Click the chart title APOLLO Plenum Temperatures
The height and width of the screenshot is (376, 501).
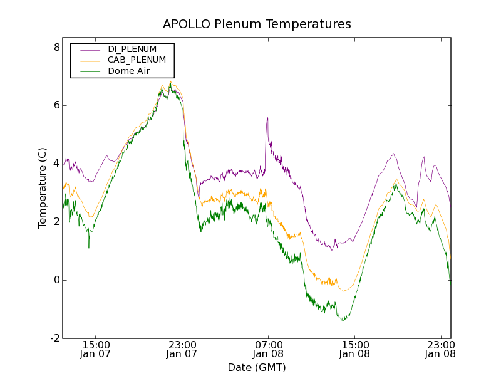pos(257,24)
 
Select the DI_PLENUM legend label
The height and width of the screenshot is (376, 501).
pos(132,49)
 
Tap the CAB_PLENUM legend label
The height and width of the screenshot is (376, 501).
pos(137,60)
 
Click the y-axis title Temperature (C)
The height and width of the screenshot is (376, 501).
pos(43,188)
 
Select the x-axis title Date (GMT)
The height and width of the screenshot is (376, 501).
pos(257,367)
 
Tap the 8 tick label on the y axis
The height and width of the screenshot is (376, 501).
pos(56,48)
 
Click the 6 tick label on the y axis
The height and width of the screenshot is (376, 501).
pos(56,105)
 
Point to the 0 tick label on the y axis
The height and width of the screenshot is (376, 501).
pos(56,280)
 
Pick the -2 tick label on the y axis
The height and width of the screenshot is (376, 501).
pos(54,338)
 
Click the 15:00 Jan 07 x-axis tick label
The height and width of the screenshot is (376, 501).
pos(96,349)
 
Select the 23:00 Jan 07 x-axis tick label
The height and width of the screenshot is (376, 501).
pos(182,349)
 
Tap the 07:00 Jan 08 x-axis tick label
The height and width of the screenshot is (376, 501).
pos(268,349)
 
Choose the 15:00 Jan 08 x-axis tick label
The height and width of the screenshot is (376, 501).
pos(354,349)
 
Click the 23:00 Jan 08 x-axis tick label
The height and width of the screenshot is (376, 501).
pos(440,349)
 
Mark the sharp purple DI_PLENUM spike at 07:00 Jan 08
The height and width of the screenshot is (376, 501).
pos(267,118)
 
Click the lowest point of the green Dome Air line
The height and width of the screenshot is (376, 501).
pos(343,320)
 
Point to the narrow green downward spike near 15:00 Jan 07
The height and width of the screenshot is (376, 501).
pos(88,248)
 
